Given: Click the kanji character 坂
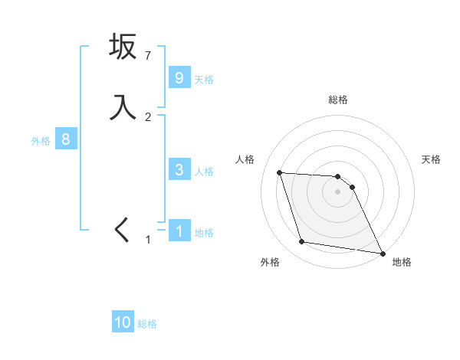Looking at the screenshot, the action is pyautogui.click(x=123, y=47).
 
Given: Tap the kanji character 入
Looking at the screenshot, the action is pyautogui.click(x=123, y=107).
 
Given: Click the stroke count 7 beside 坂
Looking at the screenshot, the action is pyautogui.click(x=148, y=55).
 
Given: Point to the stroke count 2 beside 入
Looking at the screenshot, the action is pyautogui.click(x=148, y=116).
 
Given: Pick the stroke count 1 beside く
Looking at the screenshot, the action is pyautogui.click(x=148, y=240).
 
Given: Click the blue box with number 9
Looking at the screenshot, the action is pyautogui.click(x=179, y=78).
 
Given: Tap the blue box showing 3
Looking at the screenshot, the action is pyautogui.click(x=179, y=170).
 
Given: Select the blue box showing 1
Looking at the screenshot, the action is pyautogui.click(x=179, y=231).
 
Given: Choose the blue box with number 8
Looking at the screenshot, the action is pyautogui.click(x=66, y=139).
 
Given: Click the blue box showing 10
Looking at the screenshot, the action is pyautogui.click(x=123, y=322).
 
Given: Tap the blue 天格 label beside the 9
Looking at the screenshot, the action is pyautogui.click(x=204, y=80).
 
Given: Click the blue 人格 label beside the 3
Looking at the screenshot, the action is pyautogui.click(x=204, y=172).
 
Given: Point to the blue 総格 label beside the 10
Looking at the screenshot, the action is pyautogui.click(x=147, y=324).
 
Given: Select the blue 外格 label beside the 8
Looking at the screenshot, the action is pyautogui.click(x=41, y=141).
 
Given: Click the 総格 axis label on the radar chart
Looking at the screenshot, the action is pyautogui.click(x=338, y=100).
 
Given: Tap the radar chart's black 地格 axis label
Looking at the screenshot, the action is pyautogui.click(x=402, y=263).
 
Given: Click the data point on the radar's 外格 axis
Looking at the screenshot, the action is pyautogui.click(x=302, y=243).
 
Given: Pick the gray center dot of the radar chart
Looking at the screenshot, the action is pyautogui.click(x=338, y=192).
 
